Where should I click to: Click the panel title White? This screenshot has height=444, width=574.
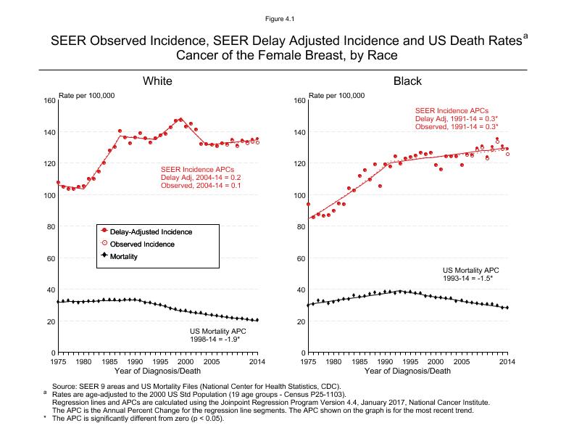[x=157, y=81]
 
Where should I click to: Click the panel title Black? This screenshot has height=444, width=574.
[x=407, y=81]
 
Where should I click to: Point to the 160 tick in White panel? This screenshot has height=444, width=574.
[x=49, y=100]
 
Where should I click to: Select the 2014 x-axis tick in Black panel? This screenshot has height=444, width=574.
[x=507, y=361]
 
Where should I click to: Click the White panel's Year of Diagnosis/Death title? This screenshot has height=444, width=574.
[x=157, y=371]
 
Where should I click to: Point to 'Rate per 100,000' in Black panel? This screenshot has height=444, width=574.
[x=337, y=95]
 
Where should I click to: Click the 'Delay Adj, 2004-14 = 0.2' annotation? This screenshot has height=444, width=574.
[x=200, y=177]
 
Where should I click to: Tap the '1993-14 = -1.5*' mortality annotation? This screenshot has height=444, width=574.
[x=467, y=278]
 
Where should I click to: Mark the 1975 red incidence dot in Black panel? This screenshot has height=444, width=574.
[x=309, y=205]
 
